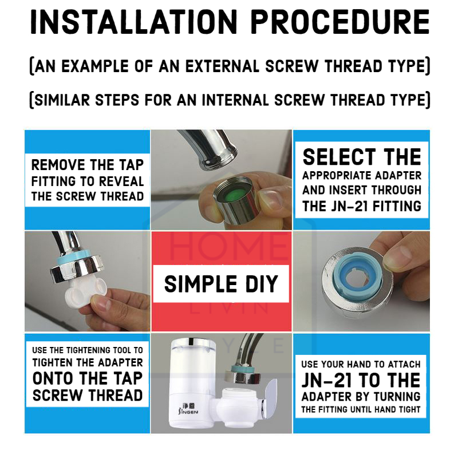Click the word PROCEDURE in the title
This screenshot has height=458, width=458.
(x=340, y=22)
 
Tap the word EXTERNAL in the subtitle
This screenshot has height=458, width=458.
(x=222, y=66)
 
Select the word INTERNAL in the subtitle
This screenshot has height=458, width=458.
(x=235, y=100)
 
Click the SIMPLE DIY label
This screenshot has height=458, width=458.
(x=221, y=283)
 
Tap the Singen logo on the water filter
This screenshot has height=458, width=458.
(x=188, y=408)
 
